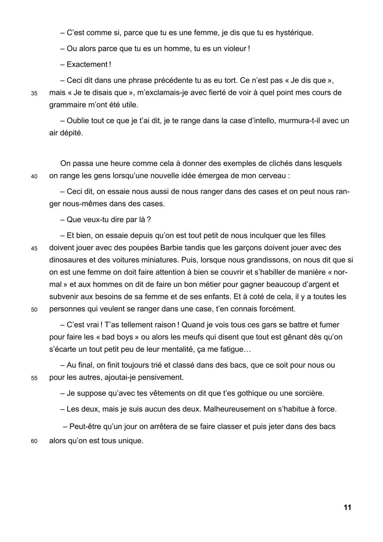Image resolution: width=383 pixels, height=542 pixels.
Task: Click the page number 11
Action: pyautogui.click(x=347, y=507)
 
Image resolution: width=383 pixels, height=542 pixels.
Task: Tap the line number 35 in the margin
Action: pyautogui.click(x=34, y=93)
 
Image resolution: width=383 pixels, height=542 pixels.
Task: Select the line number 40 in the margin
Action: pyautogui.click(x=34, y=176)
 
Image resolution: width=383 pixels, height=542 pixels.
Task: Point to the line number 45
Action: pyautogui.click(x=34, y=248)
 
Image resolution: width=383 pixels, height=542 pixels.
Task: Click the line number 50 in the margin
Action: pyautogui.click(x=34, y=310)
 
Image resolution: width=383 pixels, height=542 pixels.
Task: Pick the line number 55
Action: pyautogui.click(x=34, y=378)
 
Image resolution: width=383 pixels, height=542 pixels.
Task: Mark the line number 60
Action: pyautogui.click(x=34, y=442)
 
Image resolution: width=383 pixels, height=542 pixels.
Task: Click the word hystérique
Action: pyautogui.click(x=294, y=33)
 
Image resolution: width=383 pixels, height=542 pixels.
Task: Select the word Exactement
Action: pyautogui.click(x=87, y=64)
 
